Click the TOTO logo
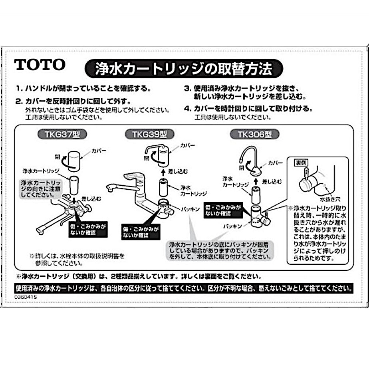pos(40,64)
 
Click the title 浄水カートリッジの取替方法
pos(183,69)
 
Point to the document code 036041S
pos(27,297)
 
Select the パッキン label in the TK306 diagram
pos(232,226)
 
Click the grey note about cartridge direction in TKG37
pos(37,188)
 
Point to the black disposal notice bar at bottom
pos(184,288)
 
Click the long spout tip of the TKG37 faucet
pos(40,230)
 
